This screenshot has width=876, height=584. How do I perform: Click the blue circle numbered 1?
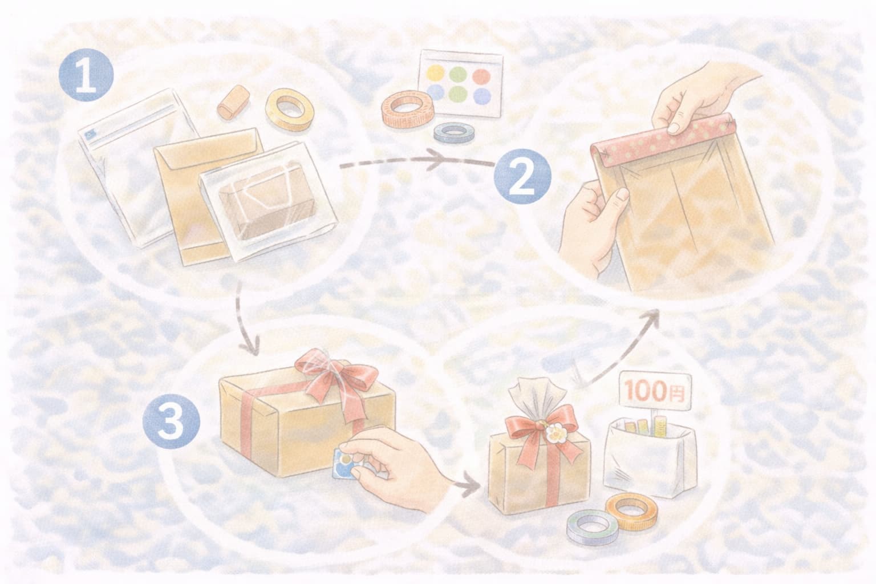tap(86, 75)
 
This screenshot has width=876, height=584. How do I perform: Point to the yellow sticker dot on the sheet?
tap(436, 73)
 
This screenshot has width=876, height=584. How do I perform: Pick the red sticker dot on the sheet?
tap(481, 76)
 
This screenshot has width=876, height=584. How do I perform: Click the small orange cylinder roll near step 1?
tap(233, 102)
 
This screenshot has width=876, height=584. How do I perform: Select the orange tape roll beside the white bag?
tap(631, 511)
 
